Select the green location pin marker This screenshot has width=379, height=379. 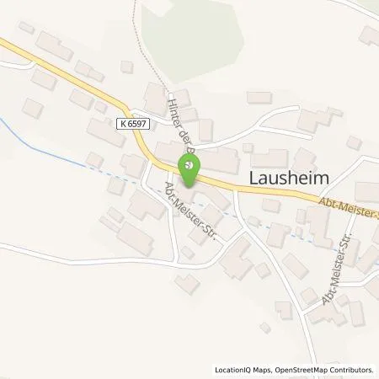[x=192, y=167]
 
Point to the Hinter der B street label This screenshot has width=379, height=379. [x=179, y=125]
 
